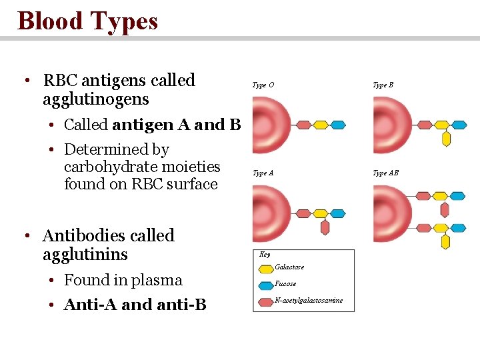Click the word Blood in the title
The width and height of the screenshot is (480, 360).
coord(51,21)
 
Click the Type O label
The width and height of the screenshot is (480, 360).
coord(263,85)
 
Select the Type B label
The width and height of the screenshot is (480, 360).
coord(383,85)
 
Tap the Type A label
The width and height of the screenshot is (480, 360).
coord(263,173)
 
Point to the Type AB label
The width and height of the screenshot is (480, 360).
coord(385,173)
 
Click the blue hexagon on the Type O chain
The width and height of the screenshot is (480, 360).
coord(338,125)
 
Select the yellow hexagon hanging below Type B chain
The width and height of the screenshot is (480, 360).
coord(446,139)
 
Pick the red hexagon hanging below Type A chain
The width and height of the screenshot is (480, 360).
coord(325,227)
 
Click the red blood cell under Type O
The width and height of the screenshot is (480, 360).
coord(270,125)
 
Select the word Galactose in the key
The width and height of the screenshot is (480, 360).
coord(289,267)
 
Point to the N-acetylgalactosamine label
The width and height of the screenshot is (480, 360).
coord(309,301)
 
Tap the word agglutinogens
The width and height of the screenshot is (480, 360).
coord(95,100)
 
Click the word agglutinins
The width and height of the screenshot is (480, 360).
coord(85,255)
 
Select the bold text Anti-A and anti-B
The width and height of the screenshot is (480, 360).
coord(135,305)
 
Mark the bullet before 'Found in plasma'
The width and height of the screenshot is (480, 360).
coord(53,281)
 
